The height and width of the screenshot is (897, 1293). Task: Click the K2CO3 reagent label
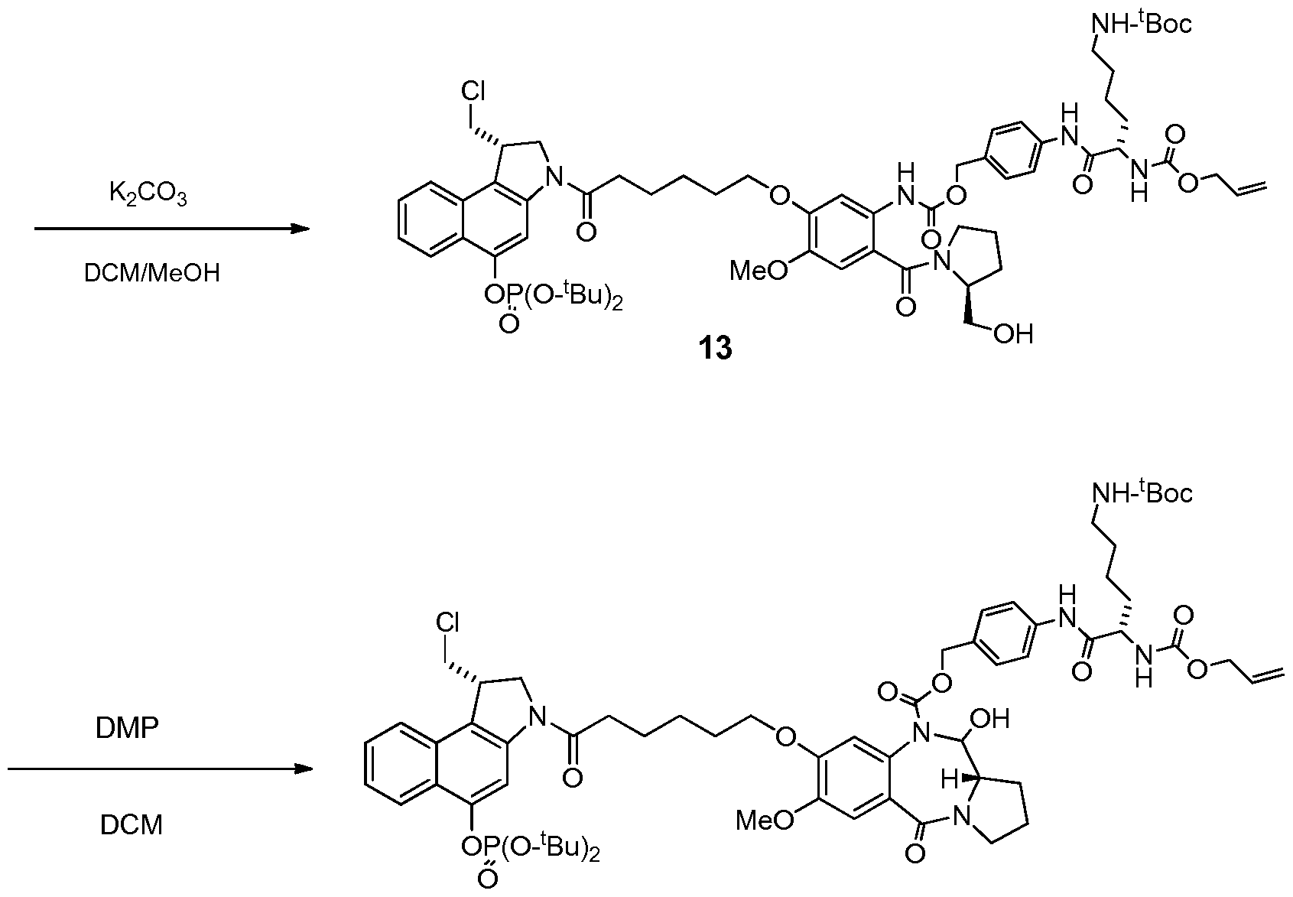148,194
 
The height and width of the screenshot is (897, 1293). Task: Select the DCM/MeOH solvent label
152,272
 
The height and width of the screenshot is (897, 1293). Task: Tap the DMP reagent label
127,729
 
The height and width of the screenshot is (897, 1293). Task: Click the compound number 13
716,348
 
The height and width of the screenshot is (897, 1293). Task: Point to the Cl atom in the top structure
473,91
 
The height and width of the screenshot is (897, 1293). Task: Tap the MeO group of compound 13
759,270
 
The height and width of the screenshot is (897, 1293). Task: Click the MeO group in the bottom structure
765,821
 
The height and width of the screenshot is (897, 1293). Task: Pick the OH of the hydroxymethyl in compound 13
1014,334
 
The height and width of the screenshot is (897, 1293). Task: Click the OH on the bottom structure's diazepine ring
990,719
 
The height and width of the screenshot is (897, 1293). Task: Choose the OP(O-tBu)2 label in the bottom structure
531,848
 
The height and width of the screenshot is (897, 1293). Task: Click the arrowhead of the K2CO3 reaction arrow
301,229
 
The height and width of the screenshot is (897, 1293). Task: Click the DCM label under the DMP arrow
132,825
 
